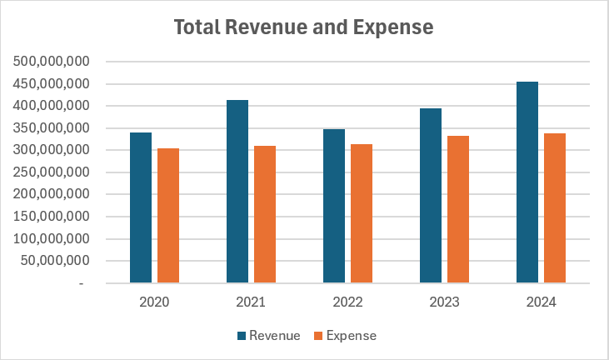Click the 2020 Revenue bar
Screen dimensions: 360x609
(141, 207)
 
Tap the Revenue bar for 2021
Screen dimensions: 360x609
(237, 192)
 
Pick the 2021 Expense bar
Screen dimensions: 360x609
(265, 214)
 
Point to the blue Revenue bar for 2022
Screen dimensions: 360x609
(334, 206)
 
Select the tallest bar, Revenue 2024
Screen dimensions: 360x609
(527, 182)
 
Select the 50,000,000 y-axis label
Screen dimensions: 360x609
(57, 261)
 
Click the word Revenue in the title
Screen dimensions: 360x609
(269, 27)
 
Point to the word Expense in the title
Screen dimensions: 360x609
(396, 27)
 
